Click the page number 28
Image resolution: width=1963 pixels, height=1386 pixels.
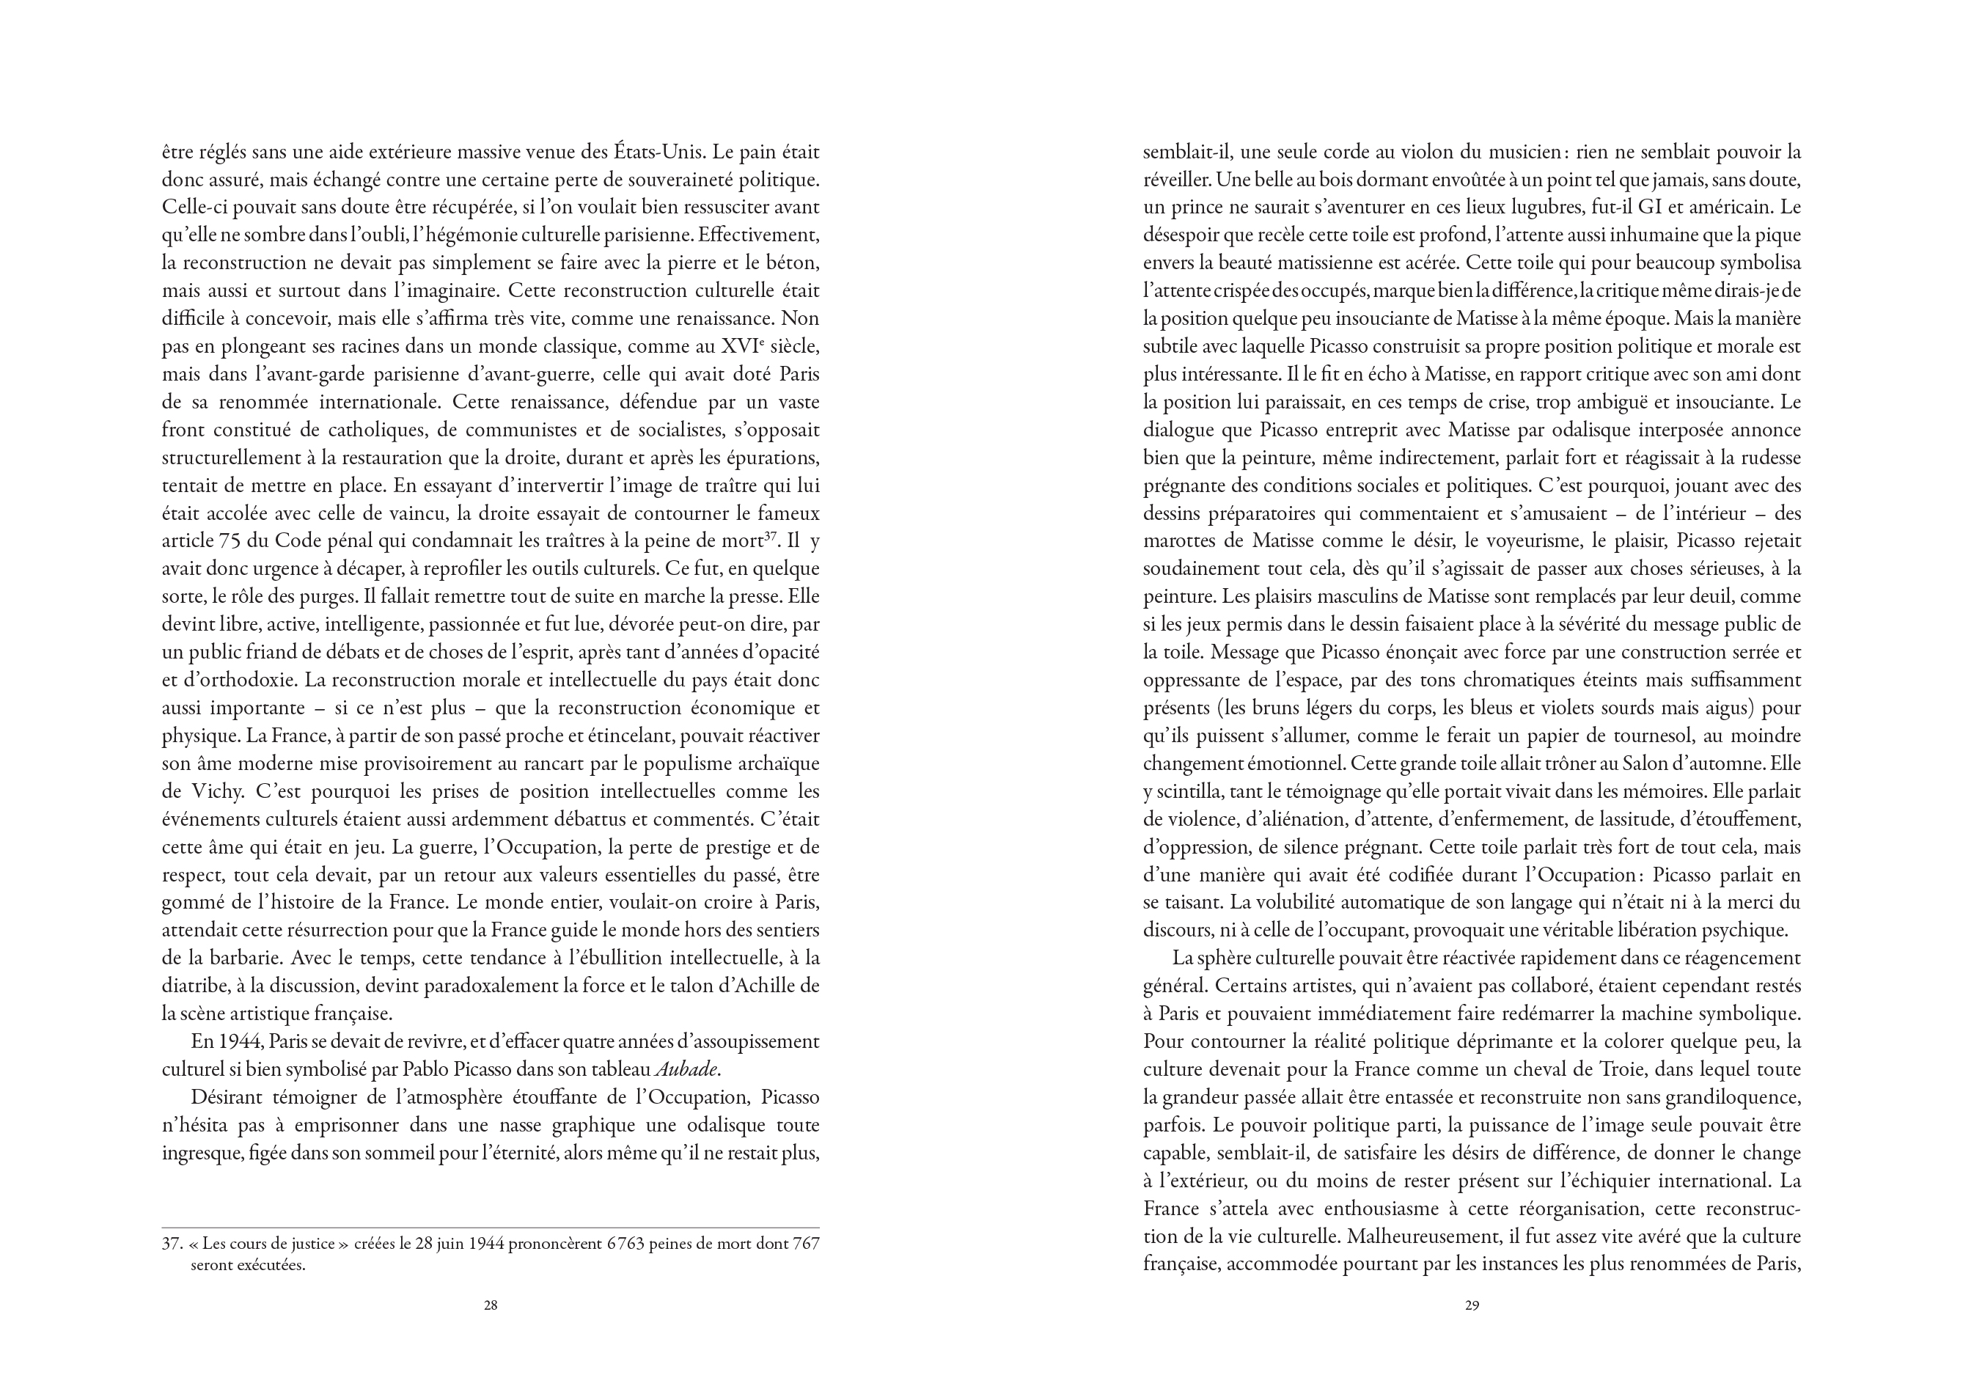click(491, 1305)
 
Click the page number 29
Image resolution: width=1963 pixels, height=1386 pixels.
click(1472, 1305)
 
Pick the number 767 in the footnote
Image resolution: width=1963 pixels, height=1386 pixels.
click(806, 1244)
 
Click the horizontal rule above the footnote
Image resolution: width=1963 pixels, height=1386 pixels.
click(491, 1228)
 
